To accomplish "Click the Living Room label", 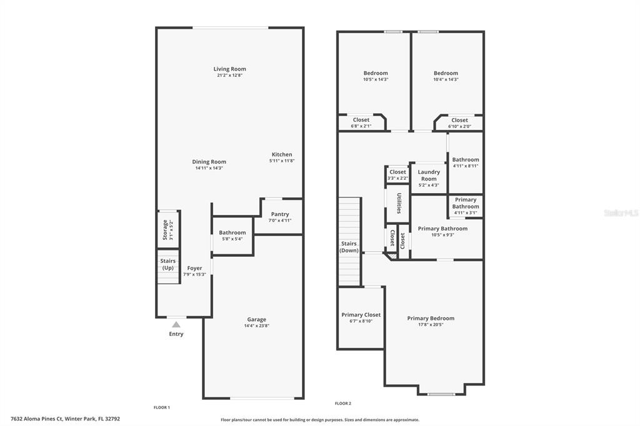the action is [229, 69].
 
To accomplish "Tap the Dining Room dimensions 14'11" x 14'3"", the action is [209, 168].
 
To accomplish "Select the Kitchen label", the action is [282, 155].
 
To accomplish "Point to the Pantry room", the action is [279, 217].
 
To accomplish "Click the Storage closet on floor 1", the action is [168, 229].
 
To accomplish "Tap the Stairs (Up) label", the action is [167, 264].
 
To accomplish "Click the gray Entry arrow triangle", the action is [176, 324].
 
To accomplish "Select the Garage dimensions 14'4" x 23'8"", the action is [256, 325].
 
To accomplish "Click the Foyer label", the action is [195, 268].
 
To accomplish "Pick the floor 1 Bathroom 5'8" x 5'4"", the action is [232, 235].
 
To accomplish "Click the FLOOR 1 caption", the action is [162, 407].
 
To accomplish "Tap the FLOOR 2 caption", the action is [343, 403].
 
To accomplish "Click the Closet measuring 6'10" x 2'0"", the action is [459, 123].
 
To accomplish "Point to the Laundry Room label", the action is [429, 176].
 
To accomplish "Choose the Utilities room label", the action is [399, 203].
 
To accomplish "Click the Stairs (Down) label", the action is [349, 247].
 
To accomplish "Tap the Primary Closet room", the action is [361, 318].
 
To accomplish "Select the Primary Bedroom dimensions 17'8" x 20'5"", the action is [431, 325].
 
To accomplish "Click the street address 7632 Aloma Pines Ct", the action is [37, 419].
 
